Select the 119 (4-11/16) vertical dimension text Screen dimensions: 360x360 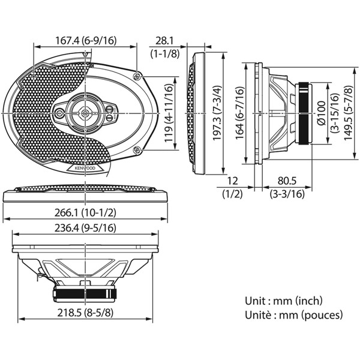tap(169, 113)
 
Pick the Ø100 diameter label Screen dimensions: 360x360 tap(321, 112)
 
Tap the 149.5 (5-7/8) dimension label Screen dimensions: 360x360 tap(347, 113)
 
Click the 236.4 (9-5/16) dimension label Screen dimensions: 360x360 tap(85, 229)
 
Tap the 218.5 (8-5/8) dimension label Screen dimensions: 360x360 tap(85, 313)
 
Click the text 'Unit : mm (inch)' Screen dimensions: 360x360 tap(283, 301)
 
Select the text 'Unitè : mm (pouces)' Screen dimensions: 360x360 tap(293, 314)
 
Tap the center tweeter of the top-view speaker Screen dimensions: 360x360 tap(85, 112)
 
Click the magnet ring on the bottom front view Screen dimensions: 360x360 tap(85, 293)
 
